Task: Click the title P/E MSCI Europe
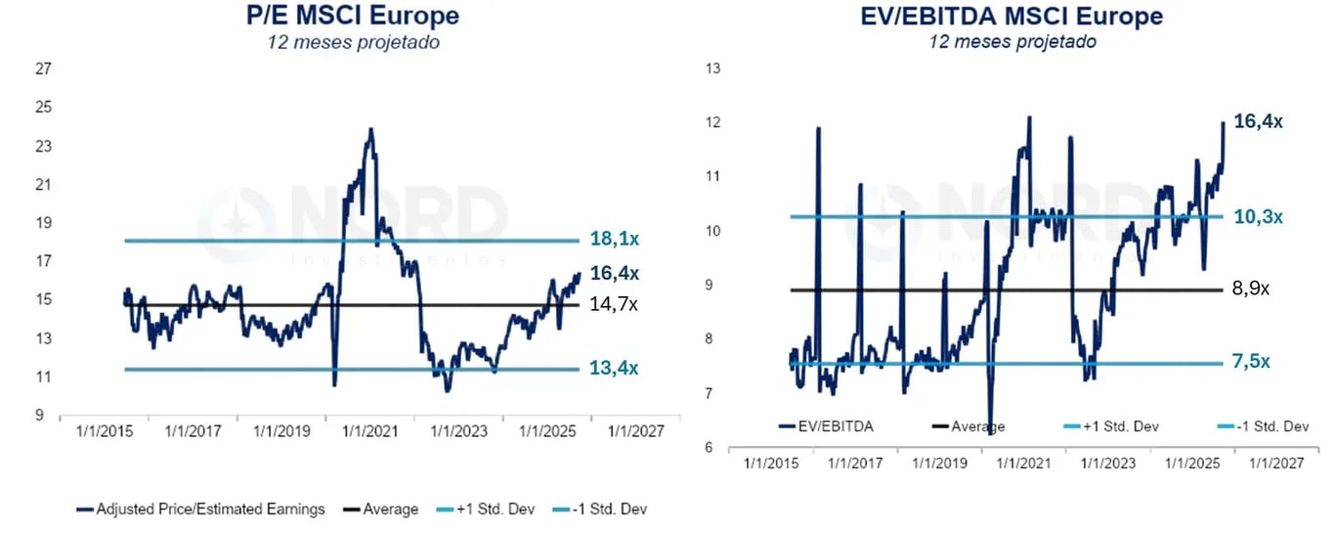[353, 17]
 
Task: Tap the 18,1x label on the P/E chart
[614, 240]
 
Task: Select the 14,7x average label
[614, 304]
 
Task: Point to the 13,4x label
[614, 369]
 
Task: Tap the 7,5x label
[1251, 362]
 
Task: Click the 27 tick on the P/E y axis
[43, 69]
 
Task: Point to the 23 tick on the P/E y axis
[43, 147]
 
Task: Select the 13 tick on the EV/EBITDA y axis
[712, 68]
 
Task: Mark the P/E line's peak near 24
[370, 129]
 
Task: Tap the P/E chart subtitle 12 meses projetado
[353, 42]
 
